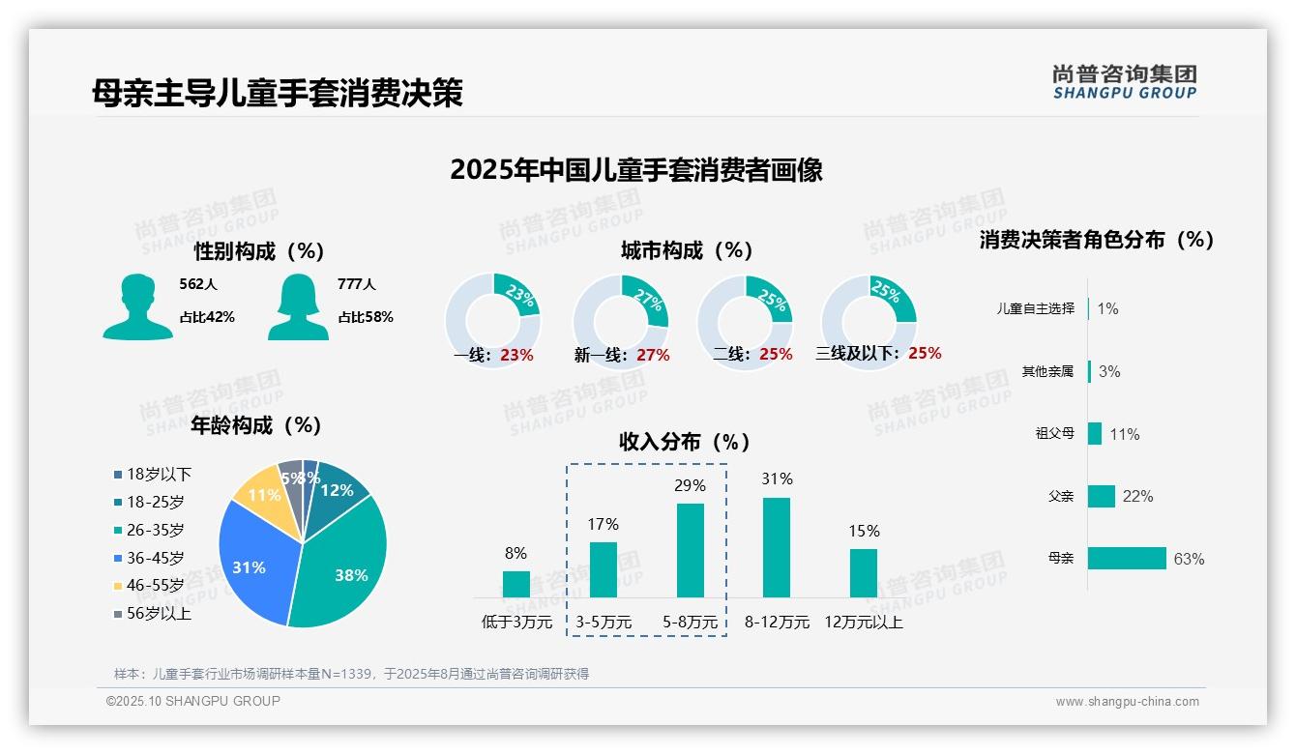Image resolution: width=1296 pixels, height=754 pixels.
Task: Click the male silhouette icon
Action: click(137, 307)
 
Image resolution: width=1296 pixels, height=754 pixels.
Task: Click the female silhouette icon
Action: click(298, 307)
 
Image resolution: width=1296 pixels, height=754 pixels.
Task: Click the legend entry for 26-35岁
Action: click(155, 530)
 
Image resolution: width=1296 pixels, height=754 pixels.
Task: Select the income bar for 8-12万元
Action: click(777, 547)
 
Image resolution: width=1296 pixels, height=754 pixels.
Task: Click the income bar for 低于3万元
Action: click(516, 584)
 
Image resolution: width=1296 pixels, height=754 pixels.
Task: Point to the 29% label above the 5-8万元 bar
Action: click(690, 485)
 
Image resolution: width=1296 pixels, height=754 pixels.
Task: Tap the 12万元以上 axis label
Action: click(863, 623)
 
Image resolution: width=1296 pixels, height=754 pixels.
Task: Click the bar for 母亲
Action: click(1127, 558)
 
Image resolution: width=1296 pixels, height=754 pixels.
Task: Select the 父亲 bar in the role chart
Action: click(1102, 496)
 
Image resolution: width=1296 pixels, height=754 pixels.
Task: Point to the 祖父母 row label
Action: click(1054, 433)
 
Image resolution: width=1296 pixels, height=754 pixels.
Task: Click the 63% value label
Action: click(1189, 559)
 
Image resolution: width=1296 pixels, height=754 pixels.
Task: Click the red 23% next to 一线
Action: click(516, 355)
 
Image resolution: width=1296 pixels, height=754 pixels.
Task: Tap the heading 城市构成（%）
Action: click(687, 250)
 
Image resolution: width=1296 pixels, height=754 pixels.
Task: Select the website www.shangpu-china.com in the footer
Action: click(1127, 702)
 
